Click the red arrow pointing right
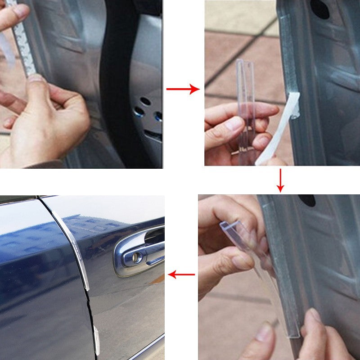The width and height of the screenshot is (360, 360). click(x=183, y=89)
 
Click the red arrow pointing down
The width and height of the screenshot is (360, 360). click(x=280, y=180)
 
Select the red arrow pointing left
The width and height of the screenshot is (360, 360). click(x=181, y=274)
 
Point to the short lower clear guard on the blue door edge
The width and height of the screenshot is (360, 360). click(x=96, y=340)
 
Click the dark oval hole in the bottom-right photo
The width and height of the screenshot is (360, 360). click(x=307, y=200)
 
